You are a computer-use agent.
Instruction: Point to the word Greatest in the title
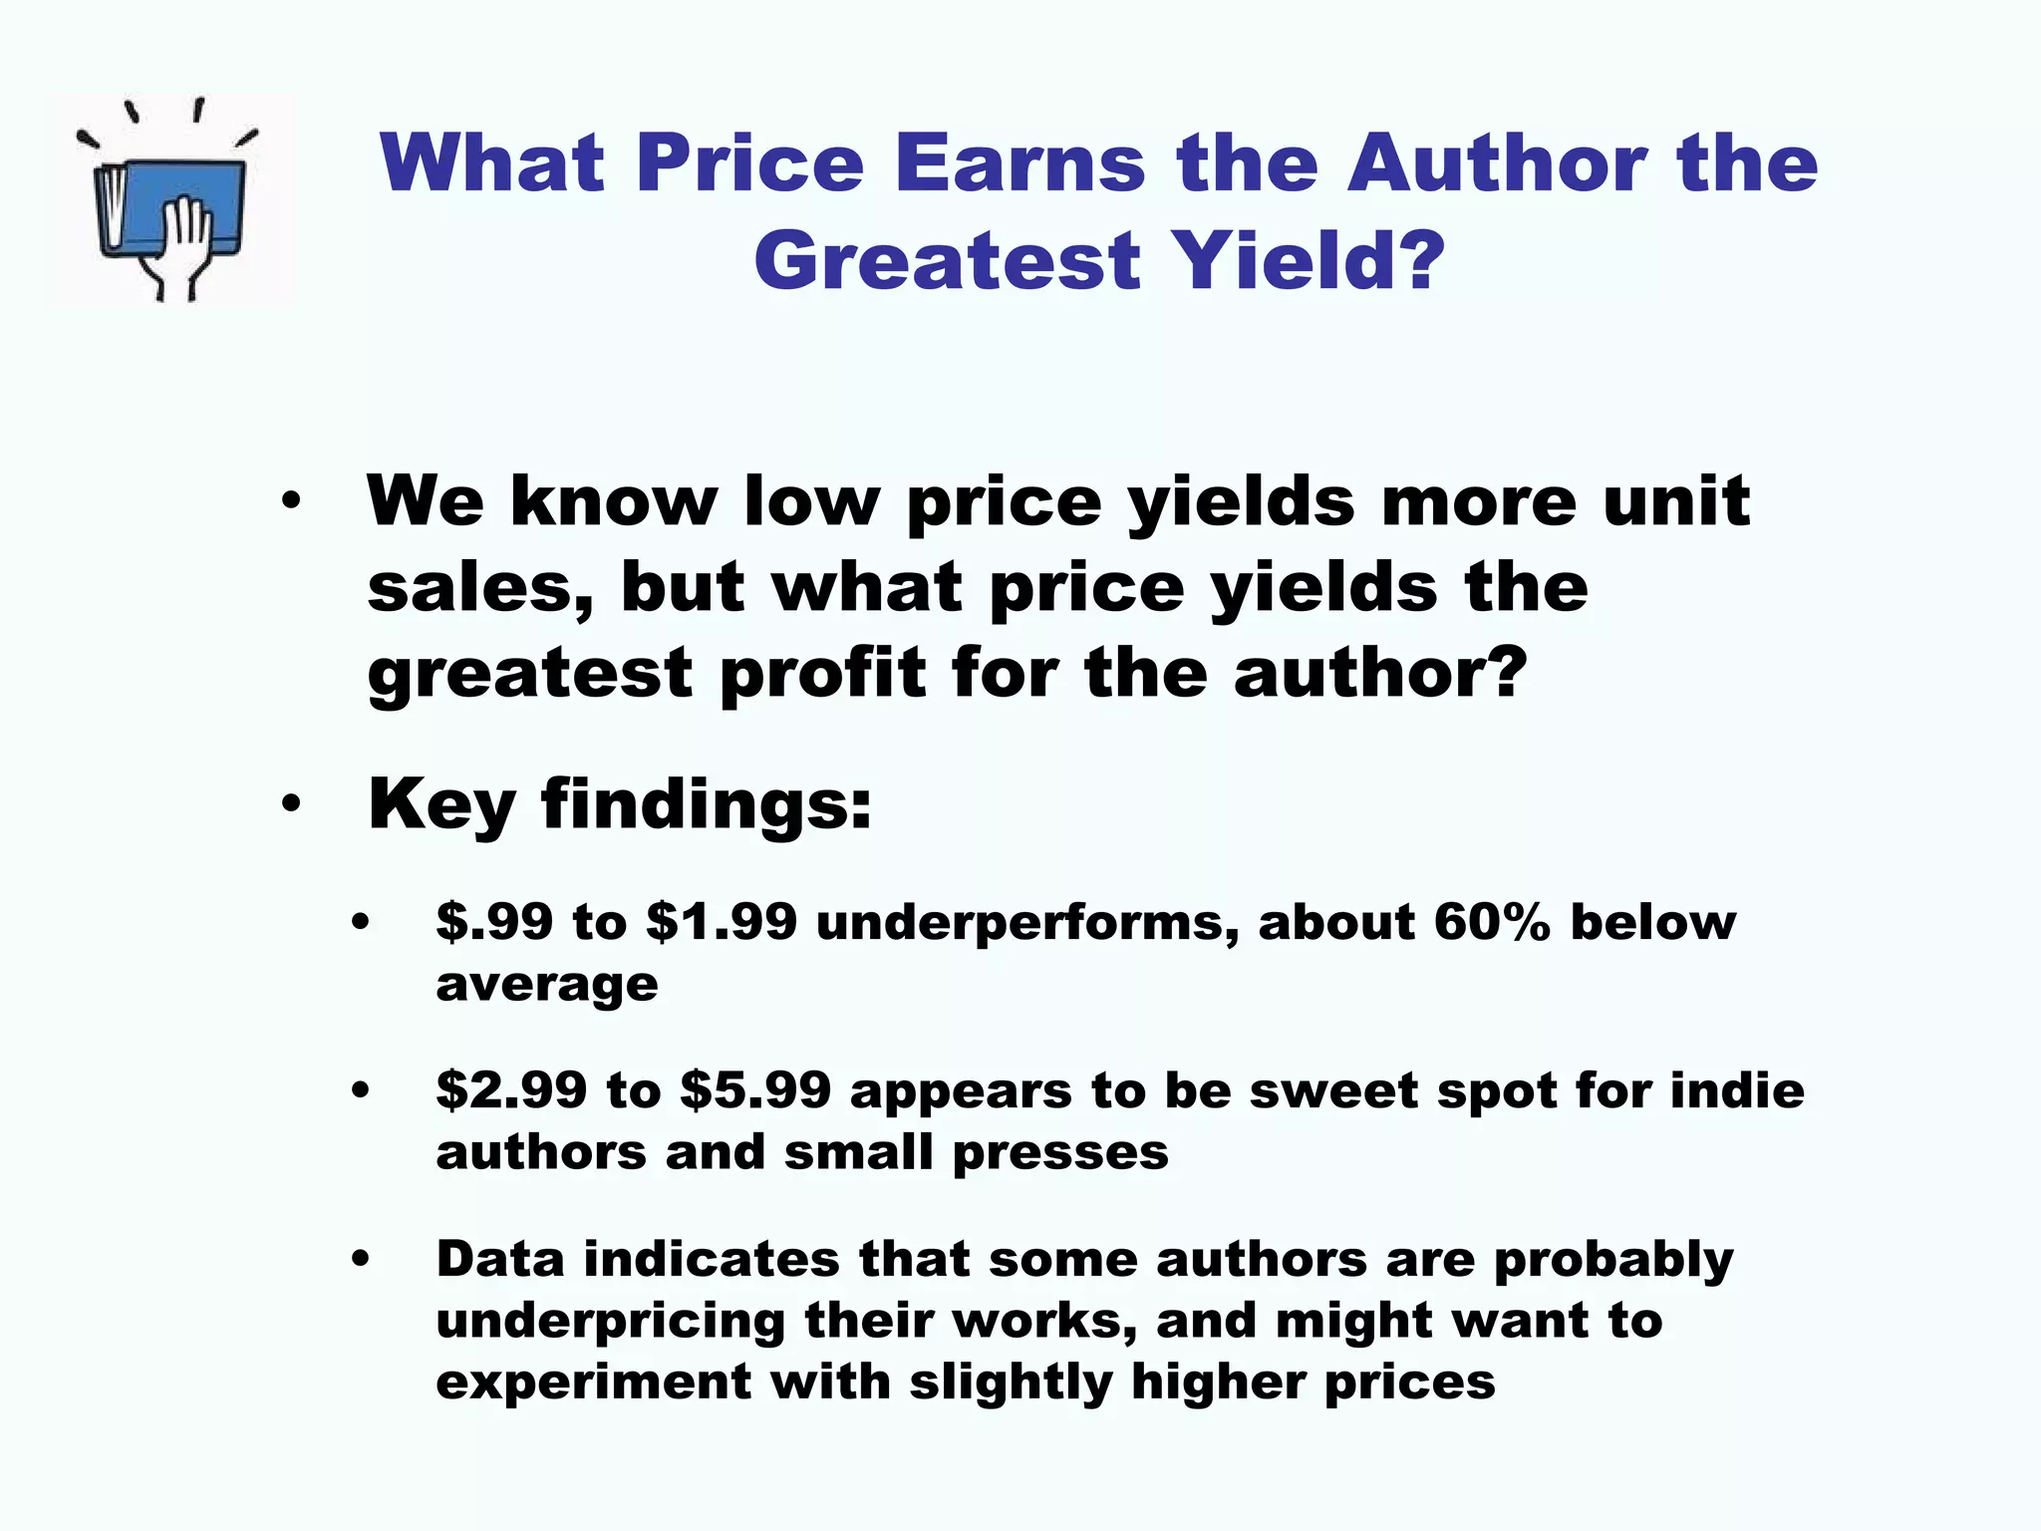947,260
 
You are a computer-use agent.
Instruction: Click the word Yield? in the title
1307,260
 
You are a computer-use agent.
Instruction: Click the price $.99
494,921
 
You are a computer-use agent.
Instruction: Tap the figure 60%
1492,921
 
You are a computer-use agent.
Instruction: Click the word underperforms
1027,923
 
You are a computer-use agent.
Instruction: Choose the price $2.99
511,1089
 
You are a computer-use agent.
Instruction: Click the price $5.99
754,1089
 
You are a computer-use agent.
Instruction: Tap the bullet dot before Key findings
290,803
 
